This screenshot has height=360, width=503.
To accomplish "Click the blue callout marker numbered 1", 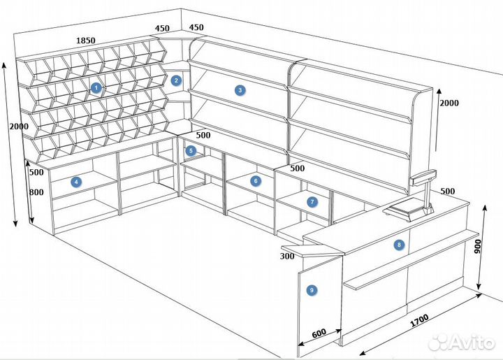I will pos(96,88).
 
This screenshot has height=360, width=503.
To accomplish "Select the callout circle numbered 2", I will pos(177,80).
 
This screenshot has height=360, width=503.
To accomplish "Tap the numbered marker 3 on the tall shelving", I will pos(240,90).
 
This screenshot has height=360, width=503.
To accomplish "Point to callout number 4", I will pos(77,181).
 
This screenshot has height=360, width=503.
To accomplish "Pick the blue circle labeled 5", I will pos(191,150).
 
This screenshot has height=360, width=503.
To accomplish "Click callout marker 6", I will pos(256,181).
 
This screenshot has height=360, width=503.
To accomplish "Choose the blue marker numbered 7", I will pos(312,201).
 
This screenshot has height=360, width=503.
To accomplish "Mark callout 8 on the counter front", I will pos(399,245).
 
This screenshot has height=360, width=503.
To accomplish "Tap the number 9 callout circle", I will pos(312,289).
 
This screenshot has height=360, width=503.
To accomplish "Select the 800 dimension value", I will pos(37,193).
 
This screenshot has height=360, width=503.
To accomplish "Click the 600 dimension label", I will pos(319,333).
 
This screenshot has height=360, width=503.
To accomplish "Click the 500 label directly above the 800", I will pos(37,172).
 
